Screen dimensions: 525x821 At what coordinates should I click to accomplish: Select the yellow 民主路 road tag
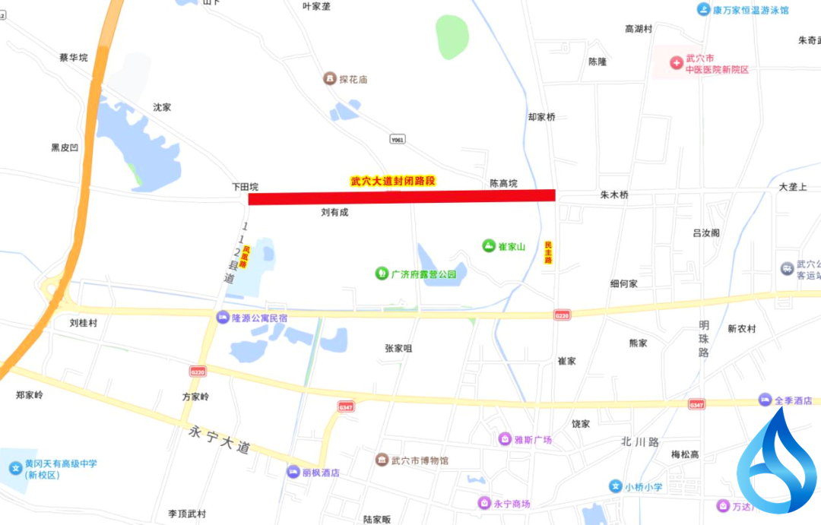tap(548, 252)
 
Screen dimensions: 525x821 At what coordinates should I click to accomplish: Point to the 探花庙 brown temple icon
tap(329, 79)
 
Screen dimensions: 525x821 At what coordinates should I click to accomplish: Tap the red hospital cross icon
tap(676, 62)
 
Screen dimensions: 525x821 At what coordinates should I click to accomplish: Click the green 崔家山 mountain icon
tap(489, 245)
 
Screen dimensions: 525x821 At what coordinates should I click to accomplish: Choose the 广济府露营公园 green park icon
tap(382, 273)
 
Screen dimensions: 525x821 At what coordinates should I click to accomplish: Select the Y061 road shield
tap(397, 140)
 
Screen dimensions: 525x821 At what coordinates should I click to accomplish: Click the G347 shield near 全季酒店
tap(696, 406)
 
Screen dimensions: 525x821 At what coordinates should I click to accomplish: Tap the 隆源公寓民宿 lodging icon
tap(223, 318)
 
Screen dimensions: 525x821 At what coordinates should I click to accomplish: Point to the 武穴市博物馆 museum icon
tap(382, 460)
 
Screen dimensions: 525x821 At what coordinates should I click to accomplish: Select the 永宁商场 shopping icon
tap(484, 503)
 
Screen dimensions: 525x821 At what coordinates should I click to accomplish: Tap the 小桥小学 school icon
tap(615, 486)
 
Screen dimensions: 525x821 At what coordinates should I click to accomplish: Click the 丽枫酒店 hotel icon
tap(293, 472)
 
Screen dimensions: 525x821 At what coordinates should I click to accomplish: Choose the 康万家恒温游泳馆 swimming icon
tap(704, 10)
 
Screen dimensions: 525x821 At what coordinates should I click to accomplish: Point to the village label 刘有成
tap(334, 213)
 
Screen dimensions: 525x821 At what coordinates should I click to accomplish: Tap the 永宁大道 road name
tap(219, 440)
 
